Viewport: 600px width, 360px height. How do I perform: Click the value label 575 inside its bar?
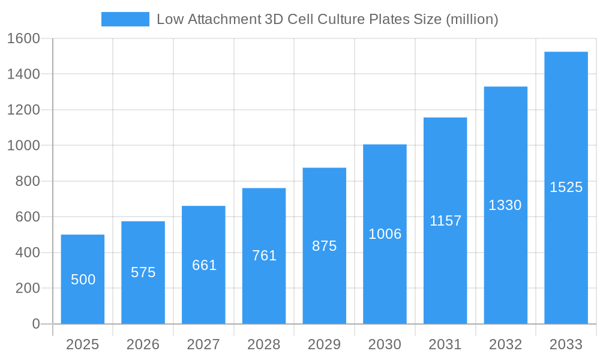coord(143,272)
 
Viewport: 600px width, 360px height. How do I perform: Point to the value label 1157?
coord(445,221)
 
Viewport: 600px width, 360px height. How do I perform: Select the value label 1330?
coord(505,205)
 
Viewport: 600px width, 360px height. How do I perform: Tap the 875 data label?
coord(324,246)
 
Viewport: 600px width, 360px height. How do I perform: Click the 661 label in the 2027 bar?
coord(204,265)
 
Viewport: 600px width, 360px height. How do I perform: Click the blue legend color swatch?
coord(125,19)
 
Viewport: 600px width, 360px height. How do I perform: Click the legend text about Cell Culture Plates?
coord(327,19)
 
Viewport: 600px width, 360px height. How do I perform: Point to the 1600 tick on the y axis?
coord(23,38)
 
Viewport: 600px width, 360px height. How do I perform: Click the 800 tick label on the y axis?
coord(28,181)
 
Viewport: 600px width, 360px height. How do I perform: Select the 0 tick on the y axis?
coord(35,324)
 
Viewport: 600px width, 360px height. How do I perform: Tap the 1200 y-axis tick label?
coord(23,110)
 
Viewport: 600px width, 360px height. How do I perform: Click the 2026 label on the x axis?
coord(143,344)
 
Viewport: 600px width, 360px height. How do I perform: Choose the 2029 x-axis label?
coord(324,344)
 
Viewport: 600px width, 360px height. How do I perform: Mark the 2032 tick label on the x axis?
coord(505,344)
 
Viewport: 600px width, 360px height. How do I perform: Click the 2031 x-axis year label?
coord(445,344)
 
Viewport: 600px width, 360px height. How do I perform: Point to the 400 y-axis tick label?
coord(28,253)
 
